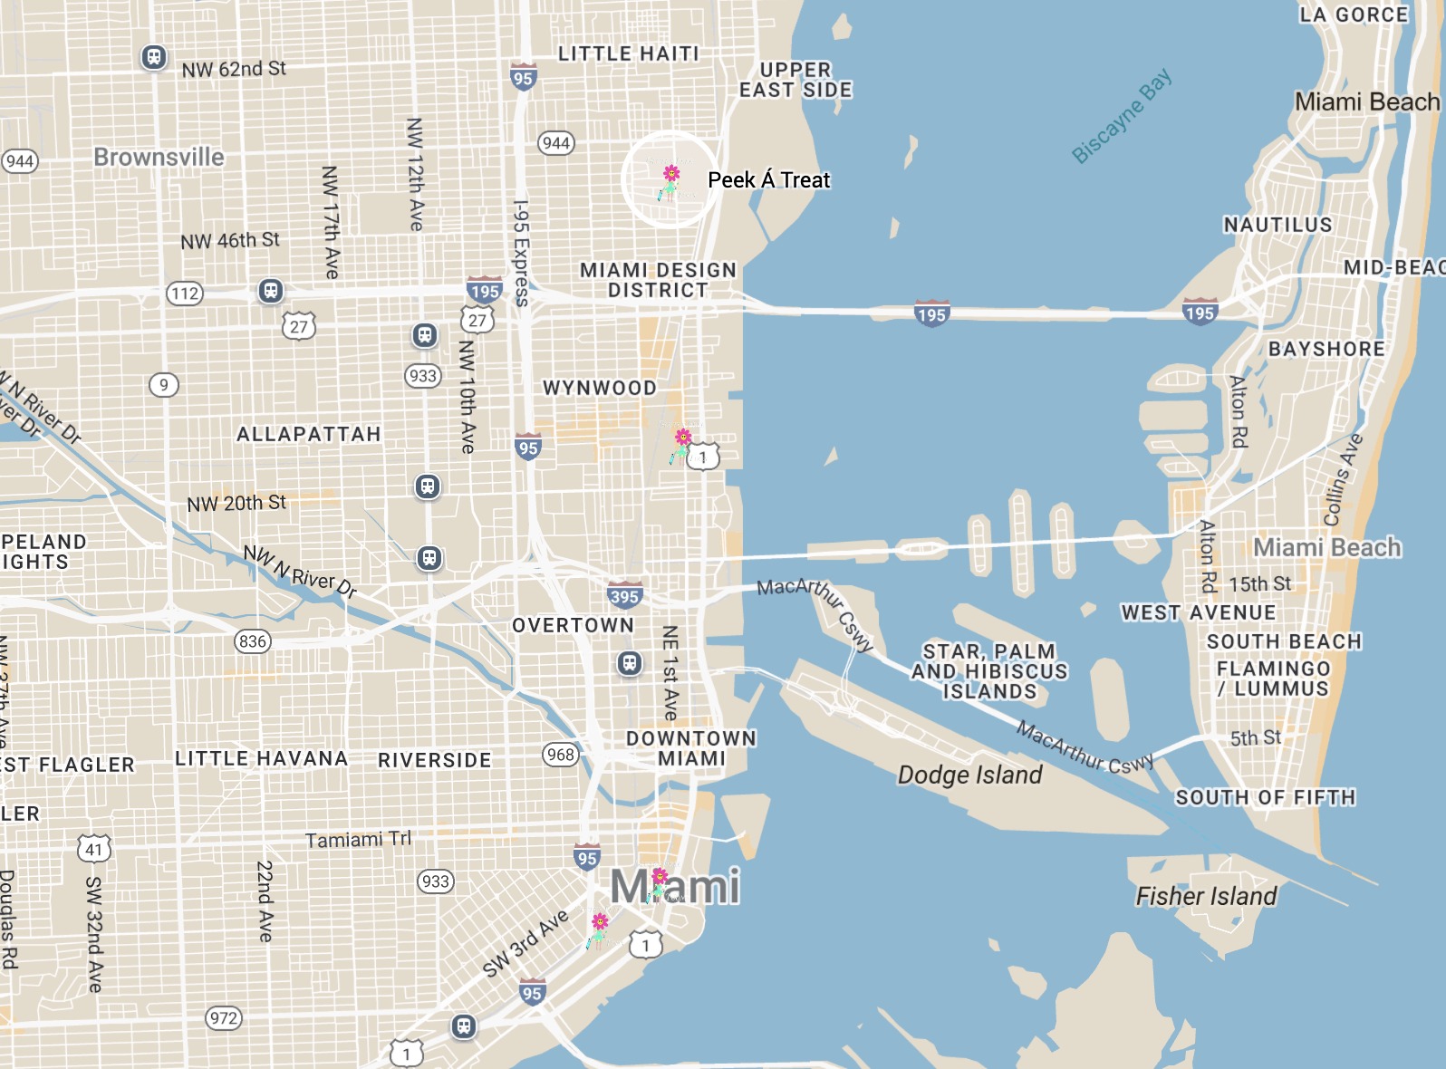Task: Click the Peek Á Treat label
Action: (768, 180)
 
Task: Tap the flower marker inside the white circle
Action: (670, 180)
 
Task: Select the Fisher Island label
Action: (1206, 896)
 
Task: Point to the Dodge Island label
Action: (969, 775)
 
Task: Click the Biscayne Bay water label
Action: (1122, 116)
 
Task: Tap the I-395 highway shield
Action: (624, 595)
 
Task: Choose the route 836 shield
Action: (253, 641)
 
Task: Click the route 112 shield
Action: (185, 293)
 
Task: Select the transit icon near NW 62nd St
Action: (154, 57)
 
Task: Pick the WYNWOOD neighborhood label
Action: (600, 388)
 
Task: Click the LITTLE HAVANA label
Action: (261, 758)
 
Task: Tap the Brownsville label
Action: (159, 157)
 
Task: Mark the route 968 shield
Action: (561, 754)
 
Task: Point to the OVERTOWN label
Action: (573, 625)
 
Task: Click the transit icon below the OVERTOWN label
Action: (630, 663)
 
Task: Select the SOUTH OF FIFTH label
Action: (1265, 797)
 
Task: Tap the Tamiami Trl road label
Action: (358, 840)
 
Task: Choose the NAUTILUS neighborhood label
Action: (1277, 225)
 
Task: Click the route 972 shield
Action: (224, 1017)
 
